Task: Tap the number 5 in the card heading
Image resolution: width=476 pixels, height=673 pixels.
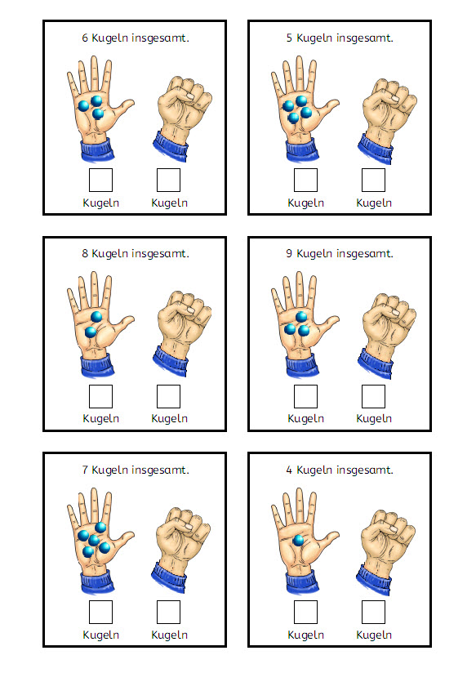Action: pos(290,38)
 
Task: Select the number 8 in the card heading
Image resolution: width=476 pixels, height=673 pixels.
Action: pos(86,254)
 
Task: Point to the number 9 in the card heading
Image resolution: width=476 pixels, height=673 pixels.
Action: pos(290,254)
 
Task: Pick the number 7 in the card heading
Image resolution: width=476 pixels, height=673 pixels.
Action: pos(86,470)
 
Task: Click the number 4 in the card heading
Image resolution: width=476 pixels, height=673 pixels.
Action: pos(290,470)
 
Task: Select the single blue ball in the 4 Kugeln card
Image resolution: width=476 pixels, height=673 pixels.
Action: pos(298,541)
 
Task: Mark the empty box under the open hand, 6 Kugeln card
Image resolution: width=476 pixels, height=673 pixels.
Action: pos(100,180)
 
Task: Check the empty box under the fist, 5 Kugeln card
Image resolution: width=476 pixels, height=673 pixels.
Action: pos(373,180)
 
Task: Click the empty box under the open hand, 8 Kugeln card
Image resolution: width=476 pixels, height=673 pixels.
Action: pos(100,396)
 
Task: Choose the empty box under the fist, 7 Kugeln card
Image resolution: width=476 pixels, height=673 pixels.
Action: pos(168,612)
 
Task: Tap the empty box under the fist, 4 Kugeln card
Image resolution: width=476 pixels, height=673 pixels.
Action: pos(373,612)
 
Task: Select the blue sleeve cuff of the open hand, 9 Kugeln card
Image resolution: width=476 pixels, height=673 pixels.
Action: pos(301,365)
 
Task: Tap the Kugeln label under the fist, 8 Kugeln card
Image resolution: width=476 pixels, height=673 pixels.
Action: pos(169,419)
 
